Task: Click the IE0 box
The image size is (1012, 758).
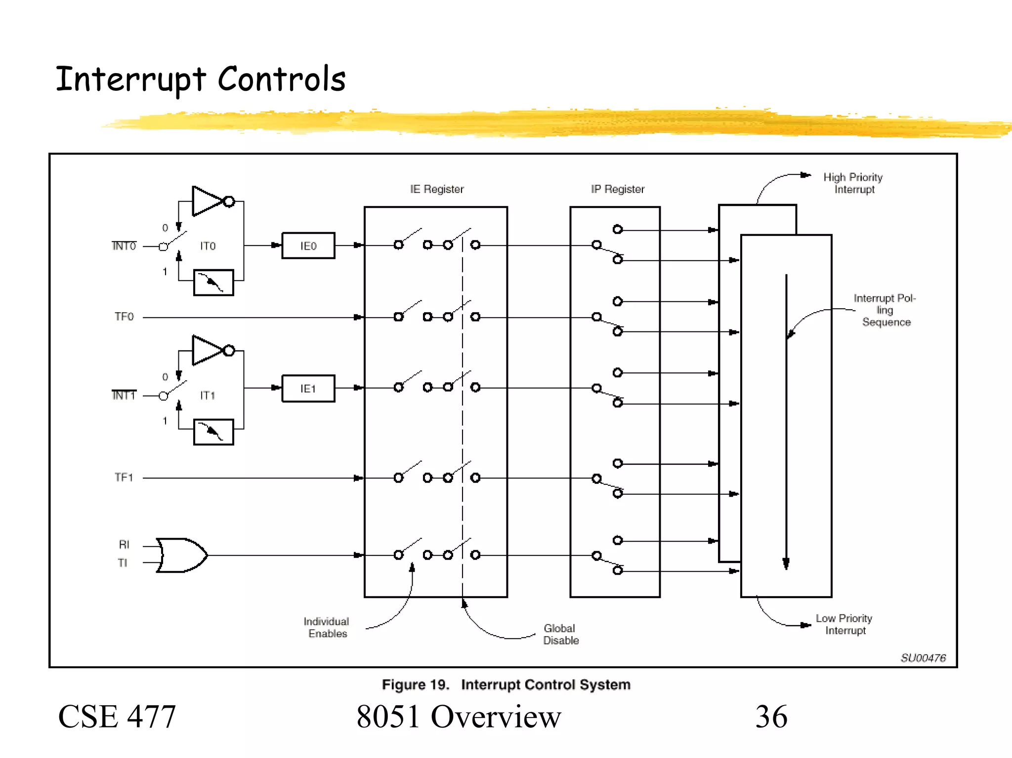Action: [308, 245]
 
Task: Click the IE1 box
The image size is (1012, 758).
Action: [308, 389]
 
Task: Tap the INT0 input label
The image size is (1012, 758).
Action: [124, 246]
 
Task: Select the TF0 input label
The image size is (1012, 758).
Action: [124, 317]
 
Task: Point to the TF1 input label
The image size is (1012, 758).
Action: [124, 478]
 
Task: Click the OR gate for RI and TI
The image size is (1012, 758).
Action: [181, 555]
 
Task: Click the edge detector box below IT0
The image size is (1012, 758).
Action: [213, 282]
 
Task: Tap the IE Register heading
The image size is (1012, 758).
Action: [437, 189]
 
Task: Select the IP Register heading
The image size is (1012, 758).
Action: [618, 189]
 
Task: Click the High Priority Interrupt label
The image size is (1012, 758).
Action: [853, 183]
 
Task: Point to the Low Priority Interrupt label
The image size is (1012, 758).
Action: [844, 624]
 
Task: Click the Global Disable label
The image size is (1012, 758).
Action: [561, 634]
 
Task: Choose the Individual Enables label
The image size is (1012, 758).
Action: [327, 627]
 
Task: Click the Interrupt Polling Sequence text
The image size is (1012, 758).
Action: [885, 310]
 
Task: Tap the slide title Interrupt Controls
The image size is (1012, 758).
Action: [201, 79]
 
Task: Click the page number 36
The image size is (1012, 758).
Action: [771, 717]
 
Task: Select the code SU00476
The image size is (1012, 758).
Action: [923, 658]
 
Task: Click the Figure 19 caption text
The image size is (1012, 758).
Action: [506, 684]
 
